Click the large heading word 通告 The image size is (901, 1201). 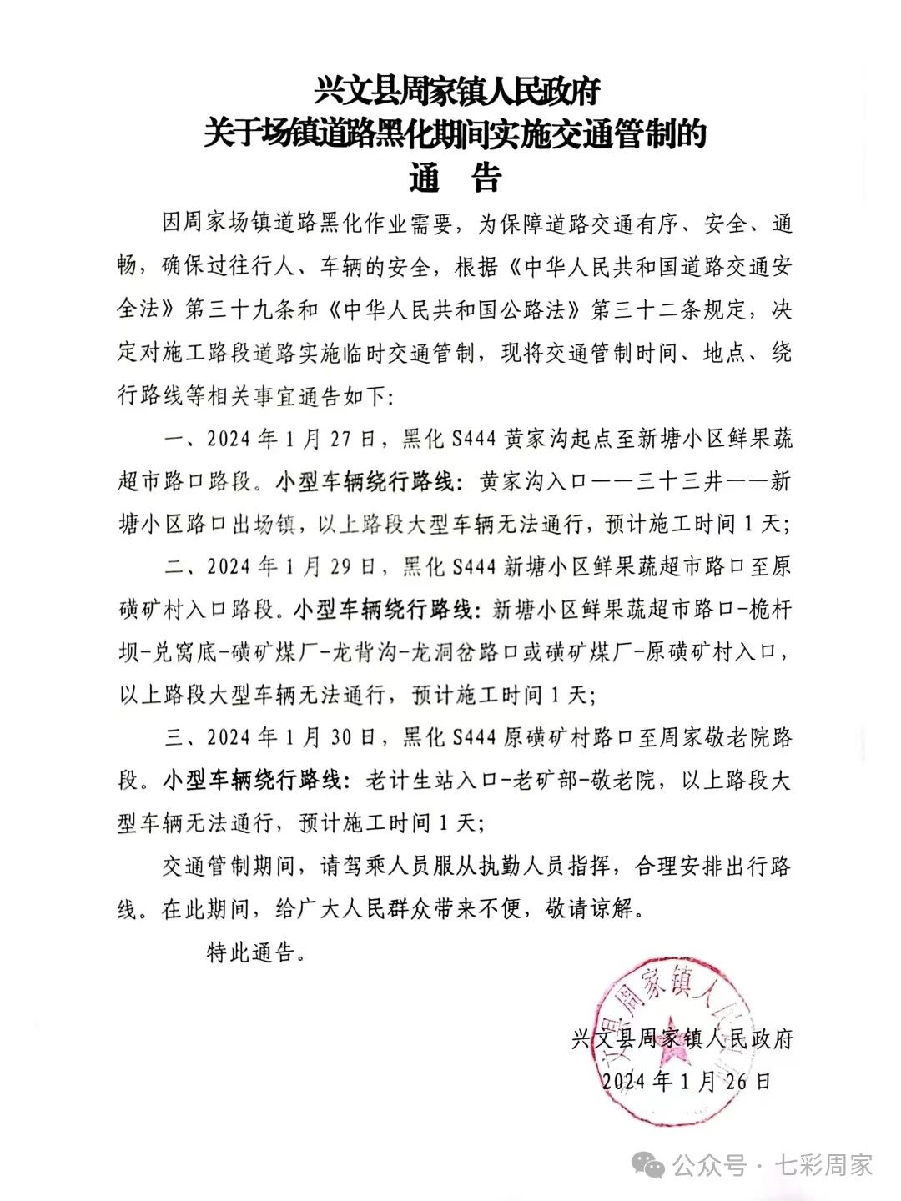pos(455,178)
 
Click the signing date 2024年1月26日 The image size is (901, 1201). pos(686,1081)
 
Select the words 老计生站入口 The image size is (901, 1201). pos(431,781)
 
